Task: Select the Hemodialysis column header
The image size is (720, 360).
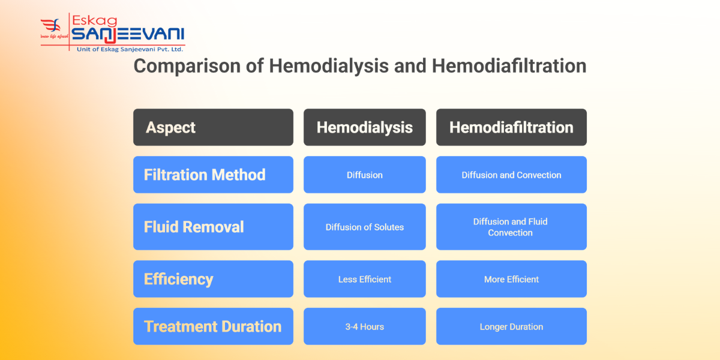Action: pyautogui.click(x=364, y=127)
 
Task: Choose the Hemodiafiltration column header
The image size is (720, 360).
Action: pyautogui.click(x=511, y=127)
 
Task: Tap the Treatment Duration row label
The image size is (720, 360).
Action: pyautogui.click(x=213, y=326)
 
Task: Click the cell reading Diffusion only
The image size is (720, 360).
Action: pyautogui.click(x=364, y=175)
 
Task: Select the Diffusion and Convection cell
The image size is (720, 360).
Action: pyautogui.click(x=511, y=175)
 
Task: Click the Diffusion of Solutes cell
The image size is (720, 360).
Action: pyautogui.click(x=364, y=227)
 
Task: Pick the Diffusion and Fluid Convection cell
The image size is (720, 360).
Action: pyautogui.click(x=511, y=227)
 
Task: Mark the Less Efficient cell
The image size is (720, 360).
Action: pyautogui.click(x=364, y=279)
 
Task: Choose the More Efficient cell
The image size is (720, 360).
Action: pyautogui.click(x=511, y=279)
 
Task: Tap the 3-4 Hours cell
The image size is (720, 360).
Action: pyautogui.click(x=364, y=327)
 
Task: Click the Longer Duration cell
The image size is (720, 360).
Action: pyautogui.click(x=511, y=327)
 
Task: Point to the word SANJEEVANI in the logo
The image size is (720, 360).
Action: pyautogui.click(x=128, y=34)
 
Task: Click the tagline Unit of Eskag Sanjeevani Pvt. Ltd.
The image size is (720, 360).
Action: pyautogui.click(x=130, y=49)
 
